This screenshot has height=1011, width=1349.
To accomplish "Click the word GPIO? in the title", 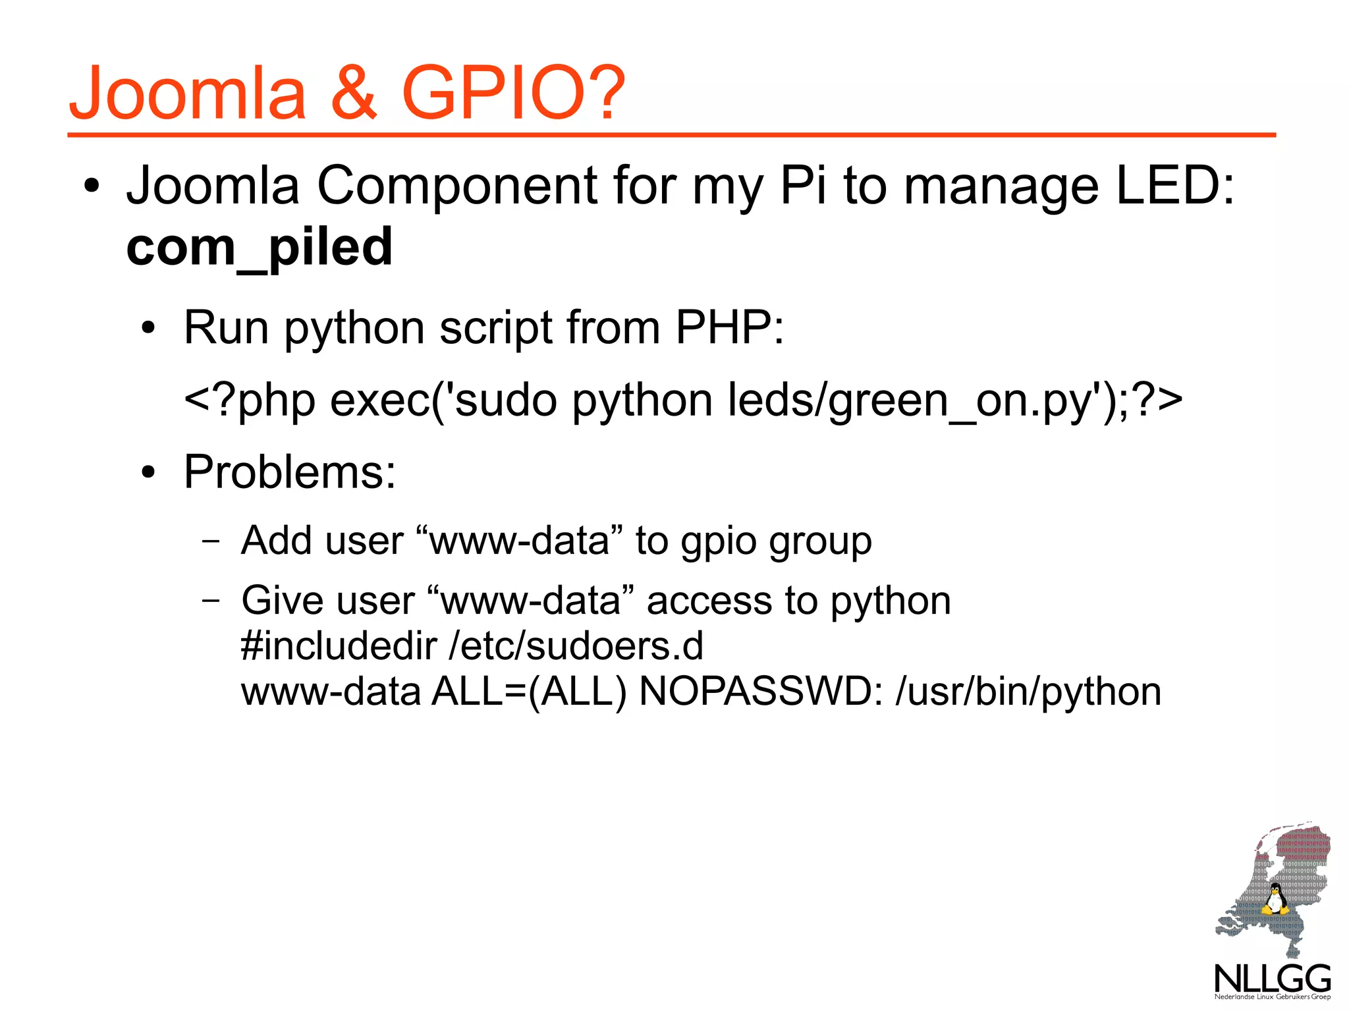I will [513, 93].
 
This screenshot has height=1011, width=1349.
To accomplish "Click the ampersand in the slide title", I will [354, 93].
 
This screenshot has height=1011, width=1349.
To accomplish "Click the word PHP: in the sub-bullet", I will [730, 328].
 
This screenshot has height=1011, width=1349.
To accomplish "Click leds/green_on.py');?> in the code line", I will [955, 400].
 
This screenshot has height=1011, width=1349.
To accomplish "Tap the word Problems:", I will [290, 472].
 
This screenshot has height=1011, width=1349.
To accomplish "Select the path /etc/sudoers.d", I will [576, 645].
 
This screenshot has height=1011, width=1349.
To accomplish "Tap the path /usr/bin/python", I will [1028, 692].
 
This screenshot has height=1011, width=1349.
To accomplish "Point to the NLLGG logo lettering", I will [1273, 979].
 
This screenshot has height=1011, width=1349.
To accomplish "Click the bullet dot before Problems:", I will [150, 472].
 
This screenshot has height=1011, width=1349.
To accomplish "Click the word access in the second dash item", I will [709, 601].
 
